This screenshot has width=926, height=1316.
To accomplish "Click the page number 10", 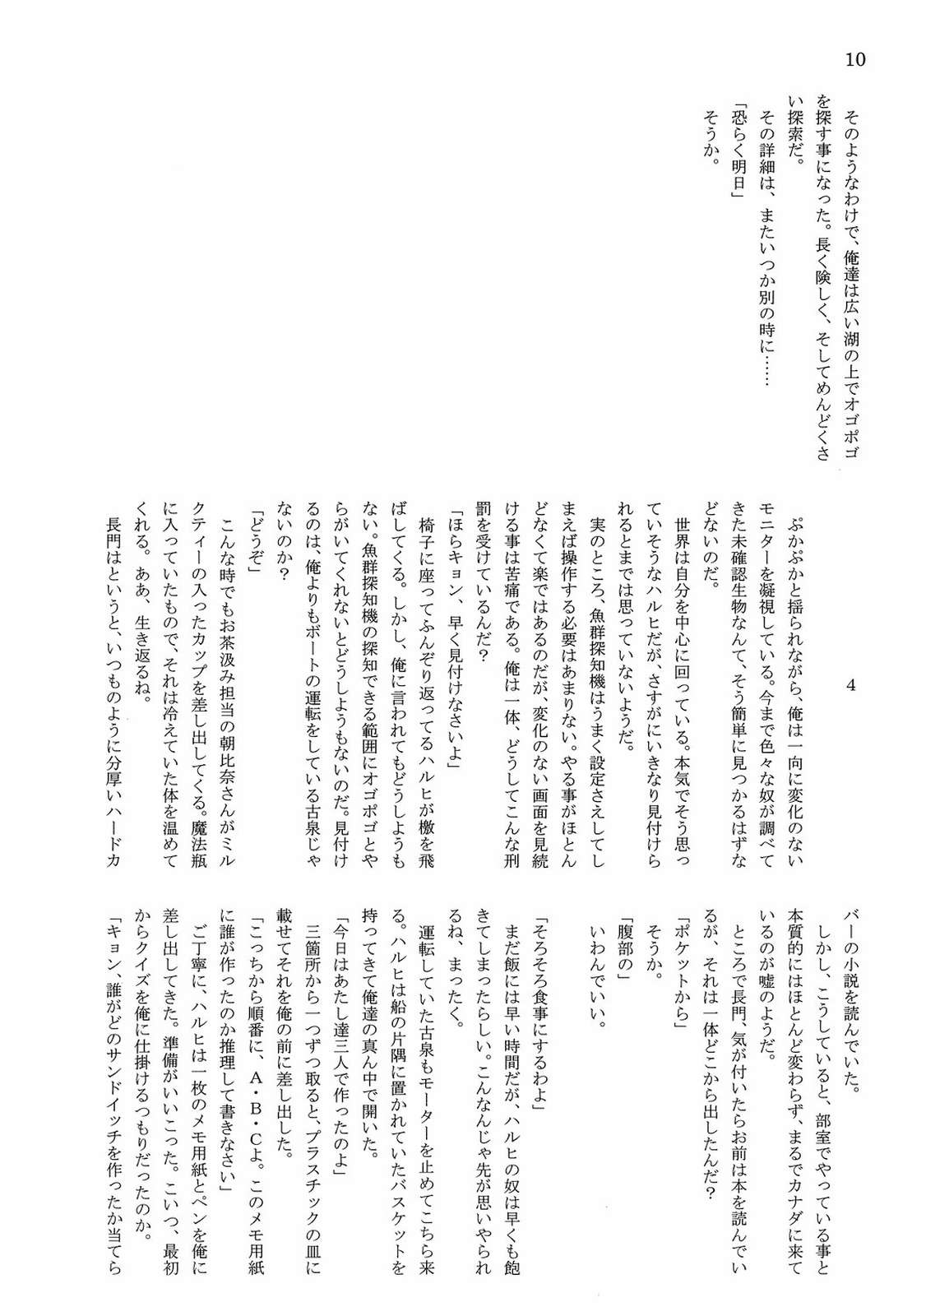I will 855,59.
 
